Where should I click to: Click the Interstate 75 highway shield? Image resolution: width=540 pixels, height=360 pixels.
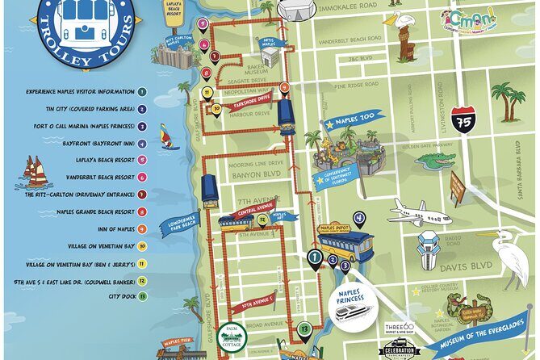463,120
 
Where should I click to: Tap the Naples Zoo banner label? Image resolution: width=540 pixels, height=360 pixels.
351,126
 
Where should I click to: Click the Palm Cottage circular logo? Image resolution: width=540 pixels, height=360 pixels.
234,336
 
